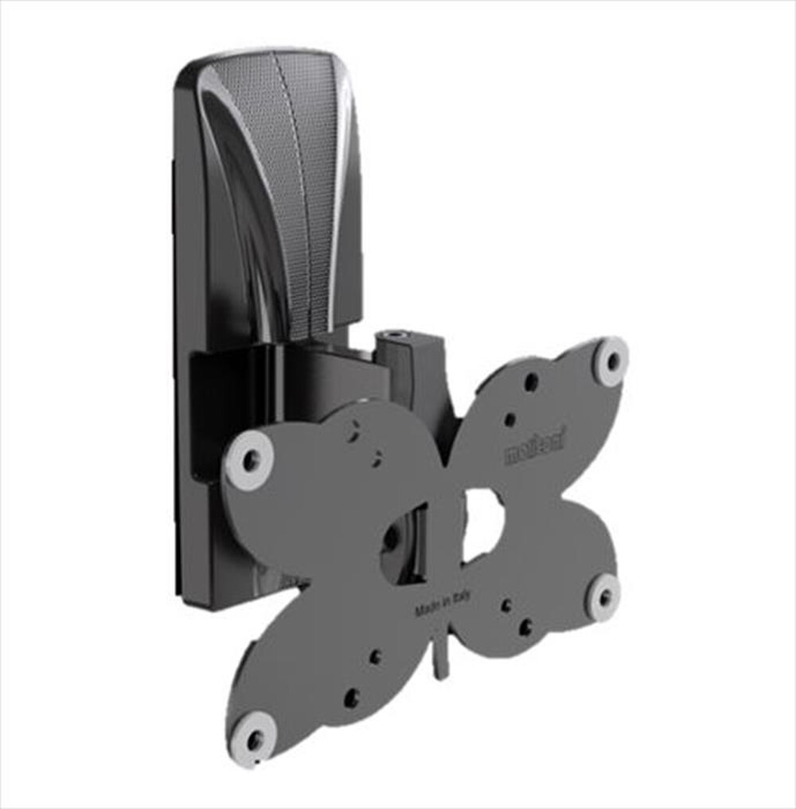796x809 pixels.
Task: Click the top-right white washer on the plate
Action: tap(611, 362)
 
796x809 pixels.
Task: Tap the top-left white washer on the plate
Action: tap(249, 459)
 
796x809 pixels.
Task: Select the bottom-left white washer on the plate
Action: tap(254, 740)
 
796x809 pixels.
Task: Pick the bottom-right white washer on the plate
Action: tap(603, 596)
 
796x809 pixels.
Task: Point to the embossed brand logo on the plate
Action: tap(533, 452)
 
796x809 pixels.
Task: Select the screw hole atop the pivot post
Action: tap(396, 326)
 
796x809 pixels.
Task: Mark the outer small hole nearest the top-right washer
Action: tap(531, 382)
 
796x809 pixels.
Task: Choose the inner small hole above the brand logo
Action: tap(509, 419)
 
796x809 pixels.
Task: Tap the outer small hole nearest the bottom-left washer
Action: tap(351, 698)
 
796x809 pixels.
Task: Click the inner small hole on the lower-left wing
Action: tap(375, 657)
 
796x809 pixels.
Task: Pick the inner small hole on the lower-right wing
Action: tap(505, 605)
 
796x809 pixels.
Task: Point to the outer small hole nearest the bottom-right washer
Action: tap(525, 627)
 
